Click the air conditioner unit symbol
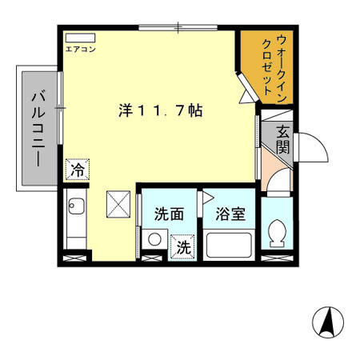[80, 38]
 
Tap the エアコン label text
[80, 50]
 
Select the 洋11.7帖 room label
[161, 110]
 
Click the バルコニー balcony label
[38, 129]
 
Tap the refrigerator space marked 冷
[78, 170]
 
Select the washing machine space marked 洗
[182, 246]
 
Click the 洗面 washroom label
[169, 214]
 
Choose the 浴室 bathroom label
[230, 214]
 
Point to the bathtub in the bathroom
[229, 246]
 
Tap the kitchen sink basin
[77, 206]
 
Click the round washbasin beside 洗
[154, 239]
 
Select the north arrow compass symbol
[328, 322]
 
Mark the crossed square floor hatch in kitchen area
[118, 204]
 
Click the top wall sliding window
[178, 27]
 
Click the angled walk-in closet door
[249, 87]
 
